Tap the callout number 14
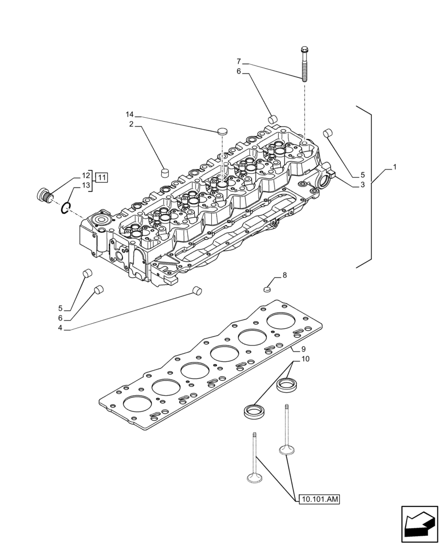(130, 114)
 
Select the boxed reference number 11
(102, 176)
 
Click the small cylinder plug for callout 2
(164, 173)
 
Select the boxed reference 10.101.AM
(318, 498)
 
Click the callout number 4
(60, 328)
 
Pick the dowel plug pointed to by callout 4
(197, 291)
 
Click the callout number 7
(239, 61)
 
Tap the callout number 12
(86, 175)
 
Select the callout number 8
(284, 276)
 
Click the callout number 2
(131, 124)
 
